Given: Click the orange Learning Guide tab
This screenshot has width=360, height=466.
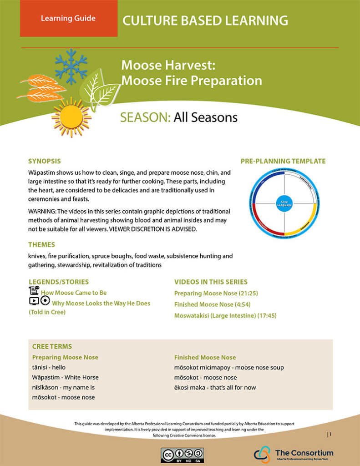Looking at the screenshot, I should tap(68, 19).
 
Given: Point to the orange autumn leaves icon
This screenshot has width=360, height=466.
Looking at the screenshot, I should tap(42, 89).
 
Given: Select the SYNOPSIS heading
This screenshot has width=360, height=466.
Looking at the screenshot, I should tap(44, 161).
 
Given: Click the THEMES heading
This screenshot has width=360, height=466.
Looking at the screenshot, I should tap(41, 244).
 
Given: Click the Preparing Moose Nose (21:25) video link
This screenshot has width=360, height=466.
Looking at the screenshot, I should tap(216, 294).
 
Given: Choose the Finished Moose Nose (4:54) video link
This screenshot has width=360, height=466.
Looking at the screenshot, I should tap(213, 304).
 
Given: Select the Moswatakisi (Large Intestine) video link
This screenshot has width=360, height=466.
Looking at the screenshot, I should tap(225, 315).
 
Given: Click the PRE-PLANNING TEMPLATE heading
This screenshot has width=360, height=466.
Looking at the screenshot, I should tap(283, 161).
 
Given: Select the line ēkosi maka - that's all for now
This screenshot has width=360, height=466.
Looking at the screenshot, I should tap(215, 388).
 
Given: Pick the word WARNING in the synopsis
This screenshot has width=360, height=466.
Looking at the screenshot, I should tap(42, 212).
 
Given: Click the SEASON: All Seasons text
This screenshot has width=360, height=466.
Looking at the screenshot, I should tap(179, 117).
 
